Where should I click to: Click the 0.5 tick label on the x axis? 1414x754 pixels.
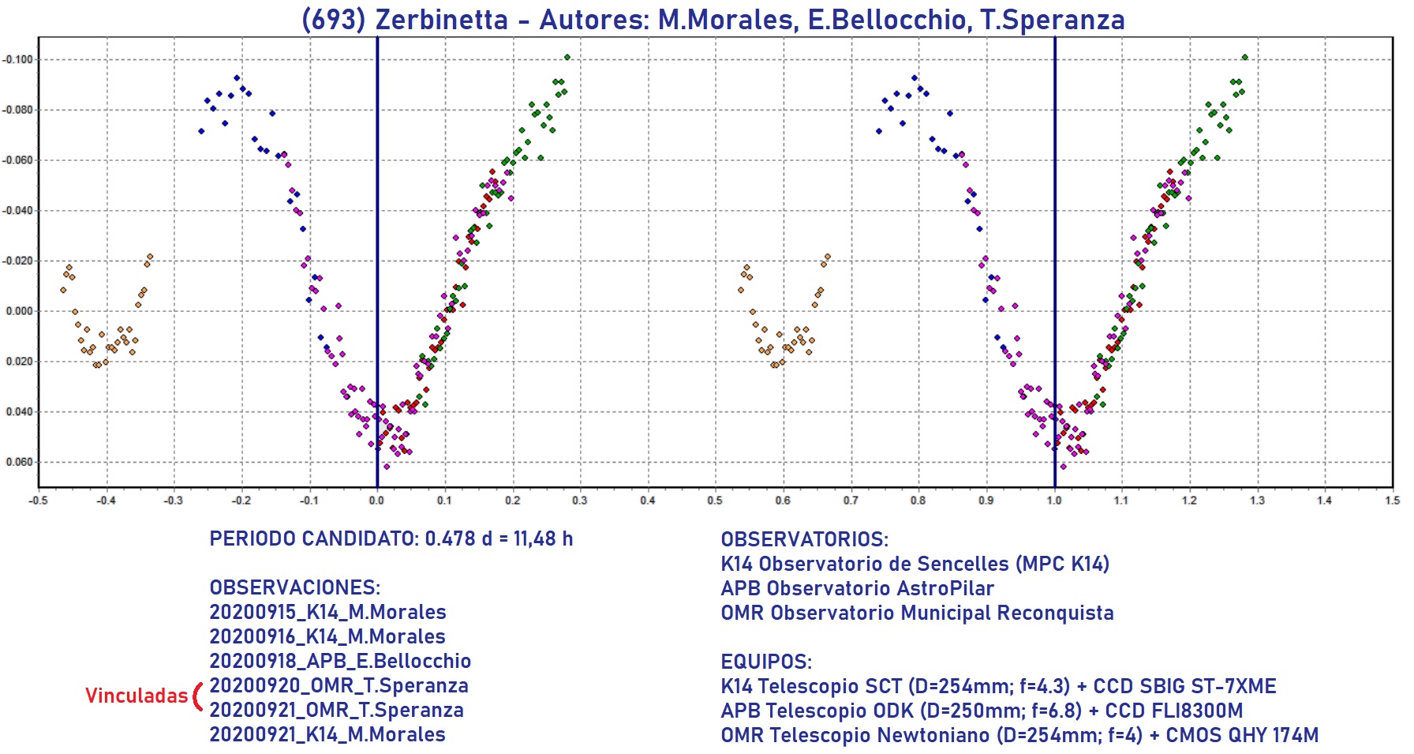point(715,501)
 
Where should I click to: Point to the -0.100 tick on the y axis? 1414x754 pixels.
point(17,59)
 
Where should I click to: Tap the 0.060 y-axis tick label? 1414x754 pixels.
point(19,462)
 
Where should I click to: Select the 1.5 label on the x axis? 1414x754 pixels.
point(1393,501)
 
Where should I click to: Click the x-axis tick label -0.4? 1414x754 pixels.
point(105,501)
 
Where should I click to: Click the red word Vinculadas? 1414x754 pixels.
point(136,696)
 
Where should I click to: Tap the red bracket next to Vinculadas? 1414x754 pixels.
point(197,696)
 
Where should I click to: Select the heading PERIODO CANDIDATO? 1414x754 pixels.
point(313,539)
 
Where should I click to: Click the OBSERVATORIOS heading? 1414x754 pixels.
point(804,540)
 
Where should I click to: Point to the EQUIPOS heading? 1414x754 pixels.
point(765,662)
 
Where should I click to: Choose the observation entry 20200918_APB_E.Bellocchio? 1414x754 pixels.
point(340,661)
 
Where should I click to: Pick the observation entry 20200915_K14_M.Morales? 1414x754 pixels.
point(327,612)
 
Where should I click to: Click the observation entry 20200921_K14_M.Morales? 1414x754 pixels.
point(327,734)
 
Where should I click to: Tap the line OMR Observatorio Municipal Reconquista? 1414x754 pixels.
point(917,613)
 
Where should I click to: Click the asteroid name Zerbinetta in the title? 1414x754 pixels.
point(441,20)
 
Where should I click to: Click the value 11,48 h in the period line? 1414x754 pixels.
point(543,539)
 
